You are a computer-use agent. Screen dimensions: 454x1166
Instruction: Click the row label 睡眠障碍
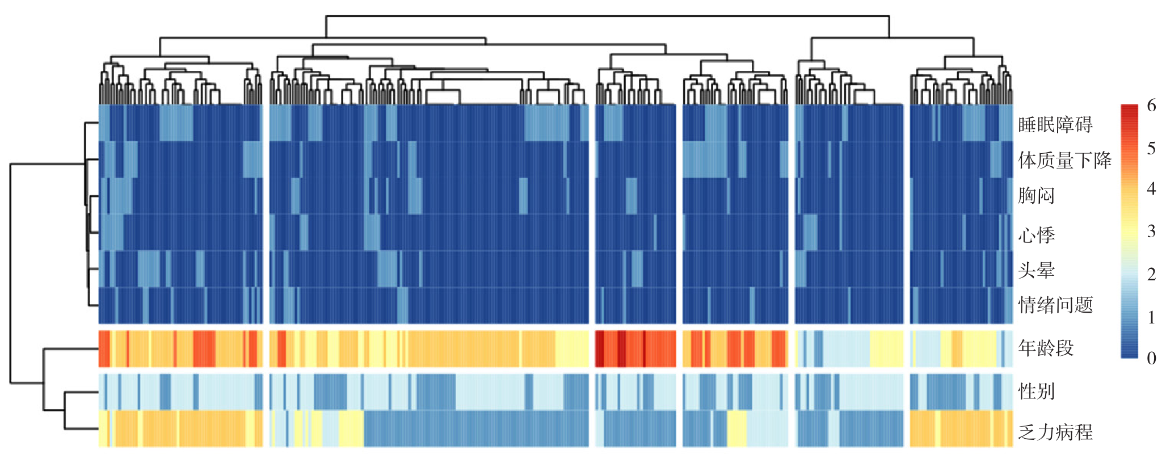(x=1055, y=124)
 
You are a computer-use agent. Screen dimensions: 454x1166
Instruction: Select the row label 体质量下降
(x=1064, y=160)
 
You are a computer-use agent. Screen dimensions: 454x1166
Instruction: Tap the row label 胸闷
(x=1036, y=196)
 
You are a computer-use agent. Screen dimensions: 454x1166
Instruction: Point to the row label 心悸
(x=1036, y=234)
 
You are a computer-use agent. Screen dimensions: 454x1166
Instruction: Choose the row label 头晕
(x=1036, y=270)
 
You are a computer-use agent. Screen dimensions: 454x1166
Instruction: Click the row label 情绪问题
(x=1055, y=305)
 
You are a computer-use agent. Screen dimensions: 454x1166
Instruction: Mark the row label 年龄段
(x=1046, y=348)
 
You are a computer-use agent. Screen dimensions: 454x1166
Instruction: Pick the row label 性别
(x=1036, y=391)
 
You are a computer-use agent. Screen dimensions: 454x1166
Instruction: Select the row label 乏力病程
(x=1055, y=432)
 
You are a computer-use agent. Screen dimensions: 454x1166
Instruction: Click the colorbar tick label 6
(x=1151, y=106)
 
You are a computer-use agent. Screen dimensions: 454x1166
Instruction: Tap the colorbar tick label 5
(x=1151, y=148)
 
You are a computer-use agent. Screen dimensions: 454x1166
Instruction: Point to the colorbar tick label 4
(x=1151, y=188)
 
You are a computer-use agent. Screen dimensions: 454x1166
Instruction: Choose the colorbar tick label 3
(x=1151, y=231)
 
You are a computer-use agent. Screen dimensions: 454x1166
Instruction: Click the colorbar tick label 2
(x=1151, y=274)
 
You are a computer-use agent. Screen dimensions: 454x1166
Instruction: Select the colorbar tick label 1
(x=1151, y=317)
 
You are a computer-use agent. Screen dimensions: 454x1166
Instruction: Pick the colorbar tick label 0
(x=1151, y=358)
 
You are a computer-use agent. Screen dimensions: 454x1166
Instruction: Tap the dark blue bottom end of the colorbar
(x=1129, y=355)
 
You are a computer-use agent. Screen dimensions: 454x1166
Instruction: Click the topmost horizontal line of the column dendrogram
(x=607, y=16)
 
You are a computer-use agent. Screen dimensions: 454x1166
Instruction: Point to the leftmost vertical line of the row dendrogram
(x=10, y=272)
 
